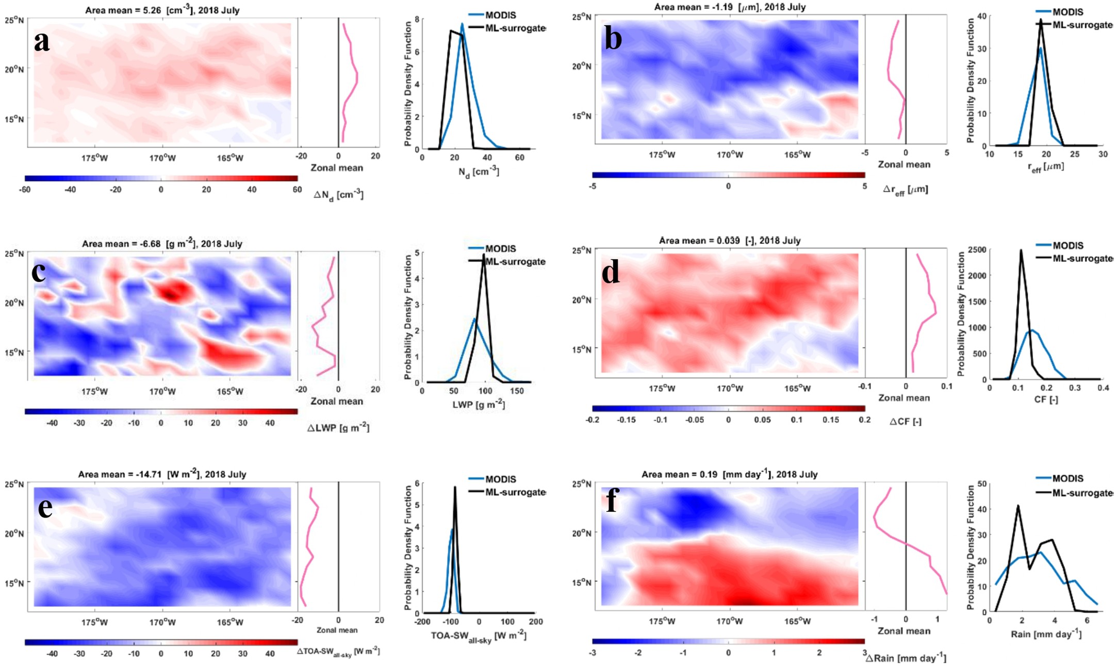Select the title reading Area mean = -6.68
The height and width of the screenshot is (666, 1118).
[162, 243]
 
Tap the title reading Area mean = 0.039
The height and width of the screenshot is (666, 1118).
[729, 240]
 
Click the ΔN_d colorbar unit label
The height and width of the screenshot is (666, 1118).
[338, 195]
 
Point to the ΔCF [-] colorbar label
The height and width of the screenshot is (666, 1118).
[906, 421]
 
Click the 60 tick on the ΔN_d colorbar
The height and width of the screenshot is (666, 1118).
[297, 189]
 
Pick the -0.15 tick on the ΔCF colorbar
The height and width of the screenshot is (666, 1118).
[627, 420]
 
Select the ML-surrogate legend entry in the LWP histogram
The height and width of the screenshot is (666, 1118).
[515, 261]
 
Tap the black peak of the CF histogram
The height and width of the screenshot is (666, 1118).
[1021, 251]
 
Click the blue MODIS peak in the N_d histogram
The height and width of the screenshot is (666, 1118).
[462, 24]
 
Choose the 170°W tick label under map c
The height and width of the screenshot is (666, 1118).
[162, 391]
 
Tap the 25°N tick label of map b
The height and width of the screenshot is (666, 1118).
[581, 17]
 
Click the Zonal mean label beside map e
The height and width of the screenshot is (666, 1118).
[337, 630]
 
